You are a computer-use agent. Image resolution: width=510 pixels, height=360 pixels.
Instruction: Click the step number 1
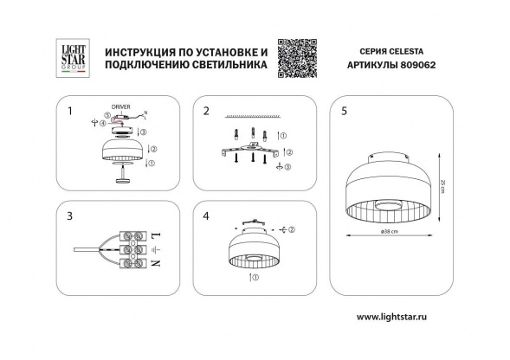pyautogui.click(x=69, y=111)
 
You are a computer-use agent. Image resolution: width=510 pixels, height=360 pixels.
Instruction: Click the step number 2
pyautogui.click(x=206, y=111)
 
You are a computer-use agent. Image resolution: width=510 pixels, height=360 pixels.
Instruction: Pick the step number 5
pyautogui.click(x=345, y=111)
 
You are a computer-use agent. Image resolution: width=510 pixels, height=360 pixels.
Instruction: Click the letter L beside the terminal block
pyautogui.click(x=155, y=235)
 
